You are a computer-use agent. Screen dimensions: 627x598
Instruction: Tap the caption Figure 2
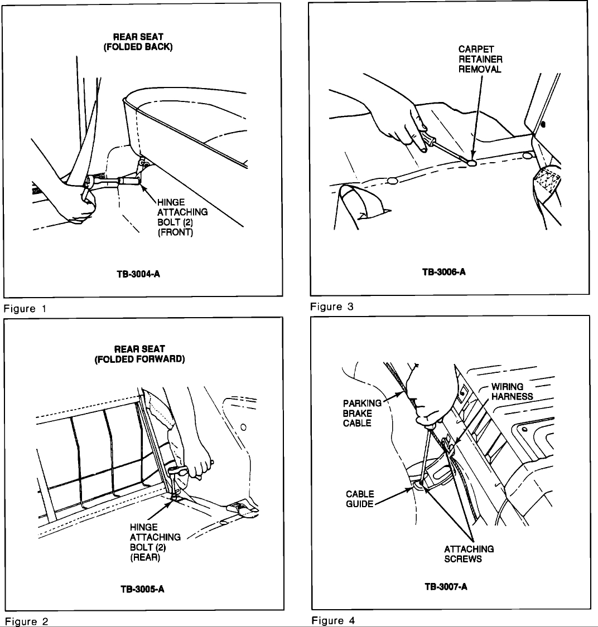pyautogui.click(x=27, y=621)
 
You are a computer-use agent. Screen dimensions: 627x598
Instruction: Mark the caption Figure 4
pyautogui.click(x=333, y=620)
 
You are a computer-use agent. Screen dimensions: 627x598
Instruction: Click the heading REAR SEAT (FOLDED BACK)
pyautogui.click(x=138, y=42)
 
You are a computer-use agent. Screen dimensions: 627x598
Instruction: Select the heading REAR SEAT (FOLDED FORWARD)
pyautogui.click(x=139, y=354)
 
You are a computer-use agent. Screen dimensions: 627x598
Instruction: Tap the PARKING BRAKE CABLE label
pyautogui.click(x=357, y=413)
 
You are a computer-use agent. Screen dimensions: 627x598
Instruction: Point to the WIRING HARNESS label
pyautogui.click(x=512, y=392)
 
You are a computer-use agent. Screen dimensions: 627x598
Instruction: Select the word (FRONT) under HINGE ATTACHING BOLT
pyautogui.click(x=176, y=232)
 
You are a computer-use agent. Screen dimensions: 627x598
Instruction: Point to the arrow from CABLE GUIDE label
pyautogui.click(x=396, y=494)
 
